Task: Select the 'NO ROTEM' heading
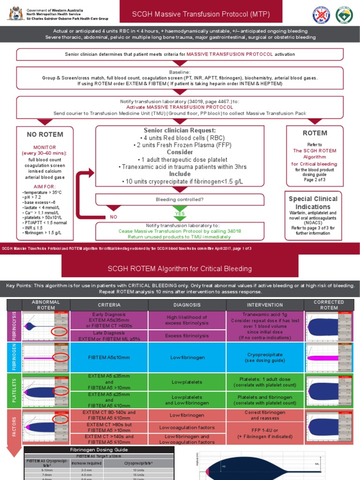(45, 135)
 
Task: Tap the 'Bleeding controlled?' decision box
(180, 200)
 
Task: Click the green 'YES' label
(180, 213)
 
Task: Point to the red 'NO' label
(113, 217)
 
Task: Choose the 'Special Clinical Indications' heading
(313, 203)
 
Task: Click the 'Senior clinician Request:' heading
(180, 130)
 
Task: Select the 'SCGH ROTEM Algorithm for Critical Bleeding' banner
(180, 269)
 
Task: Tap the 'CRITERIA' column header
(109, 305)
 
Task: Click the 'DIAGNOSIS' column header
(187, 305)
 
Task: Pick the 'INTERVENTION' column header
(265, 305)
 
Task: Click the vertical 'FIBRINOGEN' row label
(14, 357)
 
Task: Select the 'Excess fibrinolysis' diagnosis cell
(187, 336)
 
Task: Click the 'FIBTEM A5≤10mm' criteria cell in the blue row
(109, 357)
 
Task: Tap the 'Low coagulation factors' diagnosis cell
(187, 427)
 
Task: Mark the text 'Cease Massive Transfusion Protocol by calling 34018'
(180, 231)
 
